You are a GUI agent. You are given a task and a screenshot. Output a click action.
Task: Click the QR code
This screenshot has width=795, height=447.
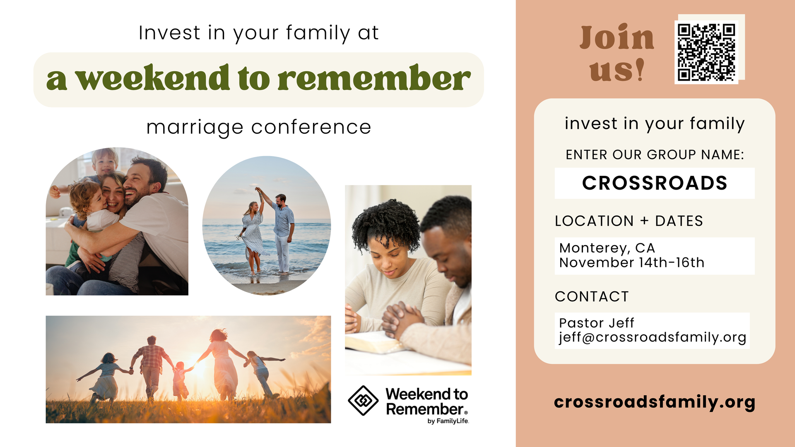pos(706,52)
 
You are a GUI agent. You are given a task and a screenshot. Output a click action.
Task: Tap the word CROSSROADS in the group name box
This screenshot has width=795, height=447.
pos(655,183)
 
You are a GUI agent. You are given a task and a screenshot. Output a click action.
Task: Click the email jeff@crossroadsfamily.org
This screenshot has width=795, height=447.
pos(653,337)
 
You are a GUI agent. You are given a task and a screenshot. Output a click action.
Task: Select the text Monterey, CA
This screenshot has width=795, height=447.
pos(607,248)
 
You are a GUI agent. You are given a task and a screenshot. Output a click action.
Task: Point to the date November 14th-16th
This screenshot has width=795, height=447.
pos(632,262)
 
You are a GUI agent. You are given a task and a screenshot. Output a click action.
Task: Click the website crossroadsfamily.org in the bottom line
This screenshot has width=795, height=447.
pos(655,402)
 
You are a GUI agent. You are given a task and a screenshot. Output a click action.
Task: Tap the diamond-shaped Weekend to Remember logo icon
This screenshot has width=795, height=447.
pos(363,401)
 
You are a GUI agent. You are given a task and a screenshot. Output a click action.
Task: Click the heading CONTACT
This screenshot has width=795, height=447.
pos(592,296)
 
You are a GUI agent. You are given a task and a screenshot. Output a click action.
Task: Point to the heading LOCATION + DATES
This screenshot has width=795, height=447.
pos(629,221)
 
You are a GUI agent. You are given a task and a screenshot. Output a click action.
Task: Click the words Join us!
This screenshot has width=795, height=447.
pos(617,53)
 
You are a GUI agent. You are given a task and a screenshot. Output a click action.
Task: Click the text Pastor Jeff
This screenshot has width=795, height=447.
pos(597,323)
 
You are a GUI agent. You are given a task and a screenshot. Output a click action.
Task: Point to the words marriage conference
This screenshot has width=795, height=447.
pos(259,127)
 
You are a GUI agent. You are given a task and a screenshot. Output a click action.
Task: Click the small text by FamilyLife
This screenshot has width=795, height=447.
pos(448,421)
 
